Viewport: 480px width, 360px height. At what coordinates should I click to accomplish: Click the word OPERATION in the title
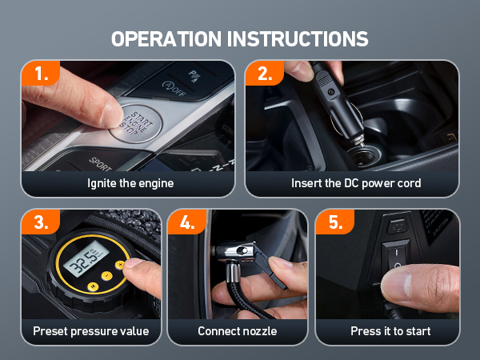[x=166, y=39]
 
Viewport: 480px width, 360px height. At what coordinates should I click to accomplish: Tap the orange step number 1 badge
[x=41, y=74]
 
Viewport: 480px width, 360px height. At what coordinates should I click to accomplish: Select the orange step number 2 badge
[x=265, y=74]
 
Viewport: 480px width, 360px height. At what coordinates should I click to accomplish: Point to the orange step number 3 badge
[x=41, y=222]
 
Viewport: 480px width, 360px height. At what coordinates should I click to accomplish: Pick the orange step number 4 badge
[x=187, y=222]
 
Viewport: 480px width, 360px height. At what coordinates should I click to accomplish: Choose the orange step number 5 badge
[x=335, y=222]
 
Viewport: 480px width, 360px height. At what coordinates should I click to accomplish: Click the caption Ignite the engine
[x=130, y=183]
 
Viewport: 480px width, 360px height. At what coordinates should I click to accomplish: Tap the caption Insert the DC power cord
[x=356, y=183]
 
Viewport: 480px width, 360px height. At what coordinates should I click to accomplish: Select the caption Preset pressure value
[x=91, y=331]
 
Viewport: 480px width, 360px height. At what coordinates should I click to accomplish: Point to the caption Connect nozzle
[x=238, y=331]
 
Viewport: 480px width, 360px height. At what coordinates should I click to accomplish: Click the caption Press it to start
[x=390, y=331]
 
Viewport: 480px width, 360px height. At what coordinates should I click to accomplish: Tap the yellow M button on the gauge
[x=93, y=286]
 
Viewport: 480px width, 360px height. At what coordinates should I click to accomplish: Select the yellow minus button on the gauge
[x=106, y=276]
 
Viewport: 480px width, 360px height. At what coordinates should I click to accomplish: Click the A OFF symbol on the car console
[x=174, y=88]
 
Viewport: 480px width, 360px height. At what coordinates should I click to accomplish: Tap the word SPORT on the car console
[x=100, y=164]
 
